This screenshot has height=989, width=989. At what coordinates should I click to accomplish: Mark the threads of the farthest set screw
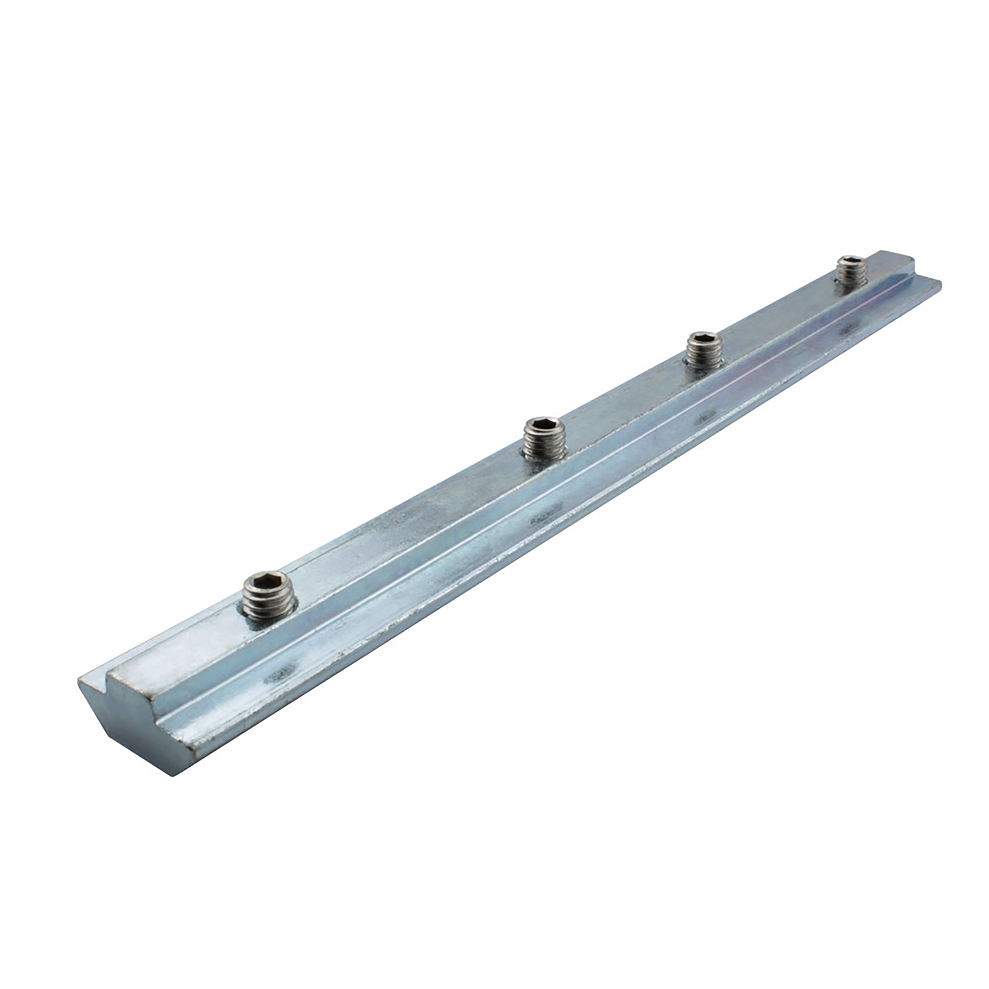click(850, 277)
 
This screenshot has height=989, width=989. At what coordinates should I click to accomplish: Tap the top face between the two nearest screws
click(399, 522)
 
